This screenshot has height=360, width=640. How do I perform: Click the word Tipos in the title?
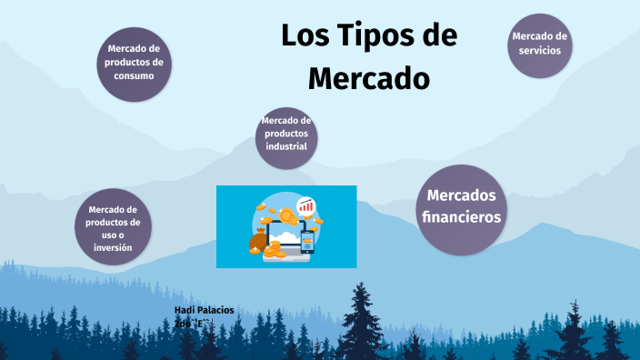coord(363,36)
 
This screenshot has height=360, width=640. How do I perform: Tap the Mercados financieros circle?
coord(461,207)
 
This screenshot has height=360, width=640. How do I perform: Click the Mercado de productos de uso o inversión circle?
coord(113,227)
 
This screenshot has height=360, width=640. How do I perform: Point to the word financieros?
coord(461,218)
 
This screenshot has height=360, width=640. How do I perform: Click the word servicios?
coord(540,50)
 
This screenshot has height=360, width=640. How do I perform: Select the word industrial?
coord(286,146)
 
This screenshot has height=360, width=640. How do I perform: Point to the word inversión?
coord(113,247)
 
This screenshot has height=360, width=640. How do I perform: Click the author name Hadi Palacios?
coord(204,310)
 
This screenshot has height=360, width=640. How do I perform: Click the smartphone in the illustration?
coord(307,242)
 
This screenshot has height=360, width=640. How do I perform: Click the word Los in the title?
coord(301,36)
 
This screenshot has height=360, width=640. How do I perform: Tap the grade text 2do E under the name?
coord(192,323)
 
